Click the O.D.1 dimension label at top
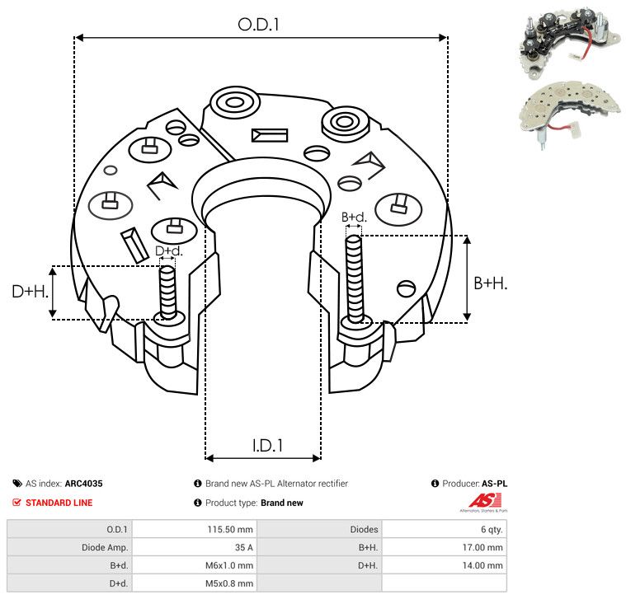click(x=260, y=25)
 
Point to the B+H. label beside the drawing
click(x=490, y=283)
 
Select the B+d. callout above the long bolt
click(x=354, y=218)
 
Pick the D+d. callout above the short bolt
click(x=168, y=250)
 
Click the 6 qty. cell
click(x=487, y=530)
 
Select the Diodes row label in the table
click(x=364, y=530)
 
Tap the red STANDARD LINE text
click(x=59, y=503)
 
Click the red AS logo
click(x=480, y=500)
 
